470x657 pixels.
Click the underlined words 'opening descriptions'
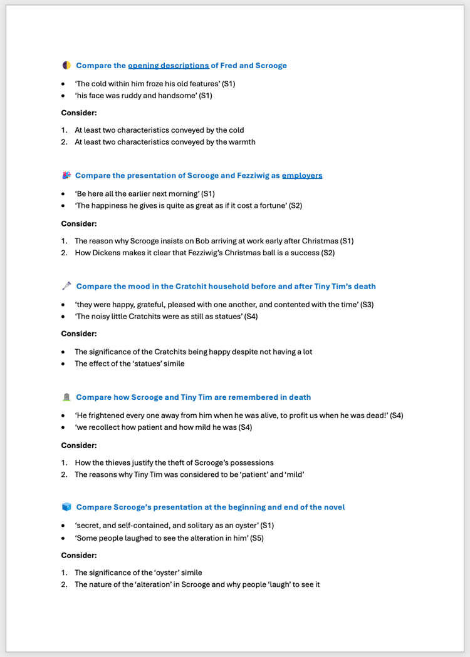point(169,65)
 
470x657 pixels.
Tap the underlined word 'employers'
point(302,175)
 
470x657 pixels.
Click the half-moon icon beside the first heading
point(66,65)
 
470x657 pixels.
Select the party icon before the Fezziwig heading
point(66,175)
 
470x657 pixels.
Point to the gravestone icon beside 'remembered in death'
point(66,397)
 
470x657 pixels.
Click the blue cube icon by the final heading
point(66,507)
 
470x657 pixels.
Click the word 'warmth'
point(242,141)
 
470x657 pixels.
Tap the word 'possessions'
point(250,462)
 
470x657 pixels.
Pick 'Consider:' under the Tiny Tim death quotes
point(78,445)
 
